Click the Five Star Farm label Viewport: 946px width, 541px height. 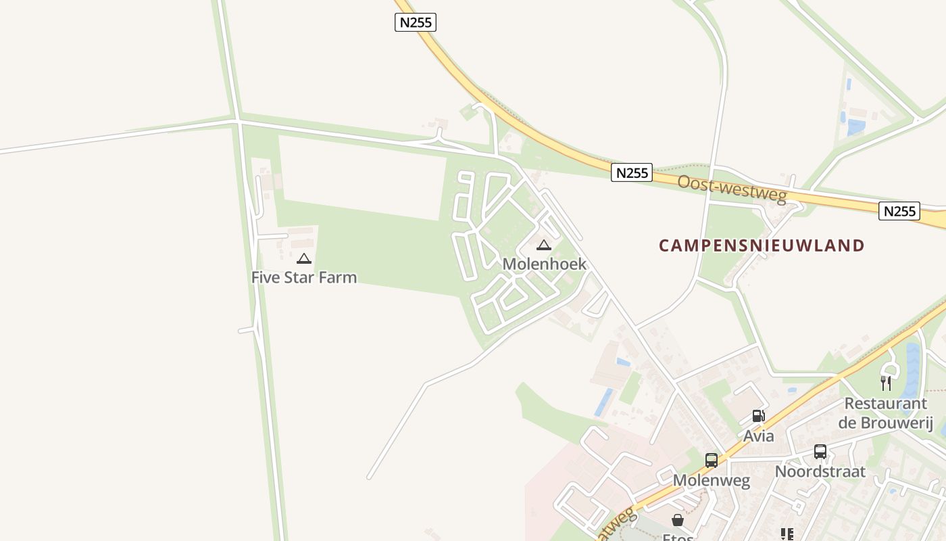pyautogui.click(x=304, y=277)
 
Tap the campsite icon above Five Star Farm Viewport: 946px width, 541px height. pyautogui.click(x=304, y=258)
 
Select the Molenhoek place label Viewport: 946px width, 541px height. pyautogui.click(x=545, y=264)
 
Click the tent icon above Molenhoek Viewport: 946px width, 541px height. pyautogui.click(x=544, y=245)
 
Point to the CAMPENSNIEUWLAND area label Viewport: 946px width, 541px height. pyautogui.click(x=762, y=245)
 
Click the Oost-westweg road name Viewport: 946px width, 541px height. pyautogui.click(x=732, y=189)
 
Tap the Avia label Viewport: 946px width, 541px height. pyautogui.click(x=759, y=436)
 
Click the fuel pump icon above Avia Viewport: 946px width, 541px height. pyautogui.click(x=759, y=416)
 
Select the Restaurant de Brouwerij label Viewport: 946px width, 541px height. pyautogui.click(x=885, y=413)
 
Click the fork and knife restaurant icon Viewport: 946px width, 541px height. pyautogui.click(x=886, y=383)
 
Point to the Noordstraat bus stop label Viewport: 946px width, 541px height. pyautogui.click(x=820, y=471)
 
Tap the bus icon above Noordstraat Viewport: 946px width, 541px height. pyautogui.click(x=820, y=451)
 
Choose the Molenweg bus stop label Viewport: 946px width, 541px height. pyautogui.click(x=712, y=481)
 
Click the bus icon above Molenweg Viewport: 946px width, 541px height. pyautogui.click(x=712, y=461)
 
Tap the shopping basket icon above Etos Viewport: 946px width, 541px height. pyautogui.click(x=678, y=520)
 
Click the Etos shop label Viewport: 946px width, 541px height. pyautogui.click(x=678, y=537)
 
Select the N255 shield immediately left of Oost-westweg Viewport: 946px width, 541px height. pyautogui.click(x=632, y=172)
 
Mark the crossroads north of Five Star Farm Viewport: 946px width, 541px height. pyautogui.click(x=237, y=121)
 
